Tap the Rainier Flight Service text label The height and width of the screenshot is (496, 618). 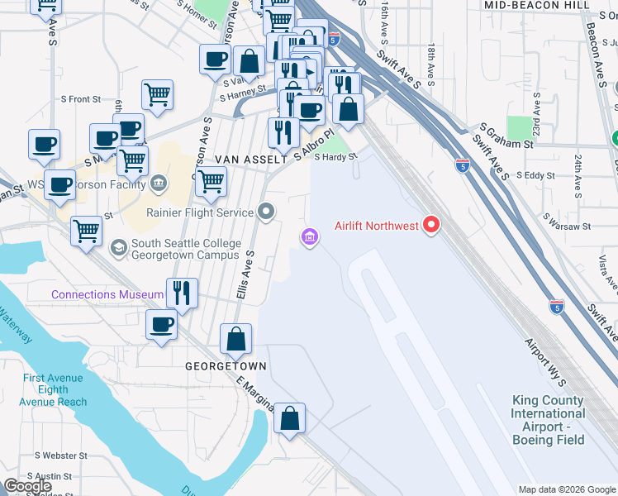201,212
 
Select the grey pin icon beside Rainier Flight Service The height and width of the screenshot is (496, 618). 266,213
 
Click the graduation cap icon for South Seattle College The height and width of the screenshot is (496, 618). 119,247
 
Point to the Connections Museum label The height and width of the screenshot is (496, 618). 107,294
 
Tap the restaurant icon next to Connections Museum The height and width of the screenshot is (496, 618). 181,293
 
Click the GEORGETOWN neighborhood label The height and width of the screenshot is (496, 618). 226,365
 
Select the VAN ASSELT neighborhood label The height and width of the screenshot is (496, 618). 250,158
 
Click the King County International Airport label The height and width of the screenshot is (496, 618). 547,413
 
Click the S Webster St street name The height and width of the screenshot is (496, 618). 59,455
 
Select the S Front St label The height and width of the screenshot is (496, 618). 84,99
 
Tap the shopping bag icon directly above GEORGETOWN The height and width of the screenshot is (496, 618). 236,339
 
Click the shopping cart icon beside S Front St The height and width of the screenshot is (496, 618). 157,94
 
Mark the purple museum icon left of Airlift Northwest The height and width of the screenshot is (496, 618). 310,238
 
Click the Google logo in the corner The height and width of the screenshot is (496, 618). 27,486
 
